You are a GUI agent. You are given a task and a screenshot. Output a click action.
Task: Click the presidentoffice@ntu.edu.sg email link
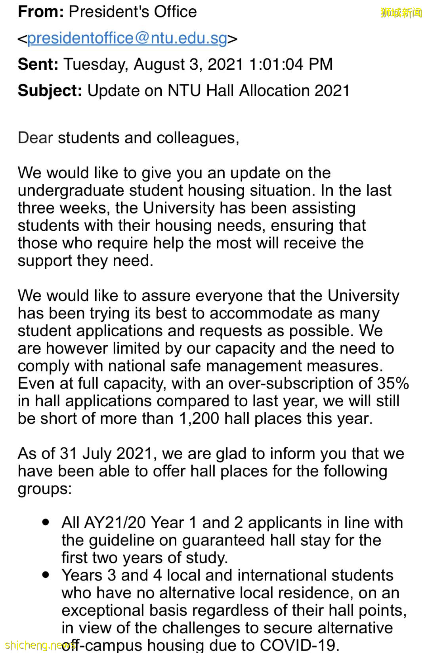pos(127,38)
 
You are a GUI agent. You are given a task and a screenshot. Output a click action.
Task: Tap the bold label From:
pos(41,12)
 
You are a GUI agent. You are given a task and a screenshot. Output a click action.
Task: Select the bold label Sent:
pos(38,64)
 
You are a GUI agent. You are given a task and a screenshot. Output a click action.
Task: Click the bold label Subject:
pos(50,91)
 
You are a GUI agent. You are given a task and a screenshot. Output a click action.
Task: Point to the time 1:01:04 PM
pos(291,64)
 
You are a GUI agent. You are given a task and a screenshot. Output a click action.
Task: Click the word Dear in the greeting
pos(35,138)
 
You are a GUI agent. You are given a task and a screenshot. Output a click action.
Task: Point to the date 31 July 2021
pos(106,454)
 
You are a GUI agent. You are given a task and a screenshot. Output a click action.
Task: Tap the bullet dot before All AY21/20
pos(46,522)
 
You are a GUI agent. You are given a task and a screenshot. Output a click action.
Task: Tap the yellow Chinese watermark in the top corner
pos(401,13)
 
